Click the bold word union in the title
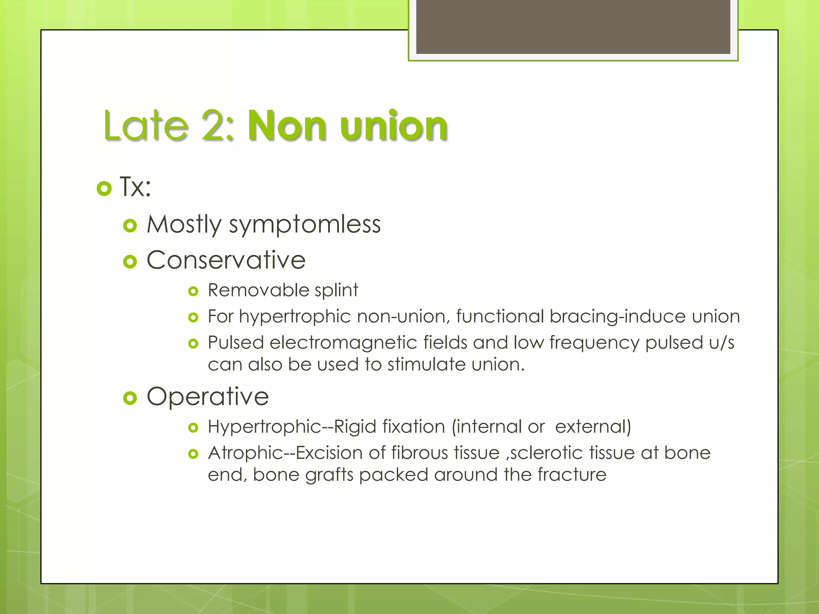coord(394,126)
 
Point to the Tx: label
coord(136,187)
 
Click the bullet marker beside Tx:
coord(104,188)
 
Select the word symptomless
coord(305,224)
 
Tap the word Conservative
coord(226,260)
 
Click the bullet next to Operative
coord(130,398)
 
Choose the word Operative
coord(208,397)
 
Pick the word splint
coord(336,291)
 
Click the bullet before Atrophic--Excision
coord(193,454)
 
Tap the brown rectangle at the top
coord(573,26)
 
